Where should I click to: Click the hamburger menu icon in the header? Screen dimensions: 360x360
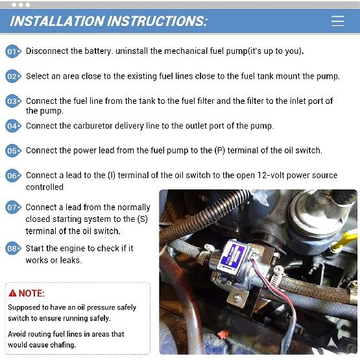point(337,21)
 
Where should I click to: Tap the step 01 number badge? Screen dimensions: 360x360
point(13,51)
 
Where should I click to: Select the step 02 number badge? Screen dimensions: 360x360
point(13,77)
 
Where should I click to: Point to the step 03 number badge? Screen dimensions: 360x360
point(13,102)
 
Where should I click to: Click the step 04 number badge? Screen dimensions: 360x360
point(13,126)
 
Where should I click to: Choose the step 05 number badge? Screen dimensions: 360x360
point(13,151)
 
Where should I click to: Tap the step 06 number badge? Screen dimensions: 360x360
point(13,176)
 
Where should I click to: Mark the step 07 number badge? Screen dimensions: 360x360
point(13,208)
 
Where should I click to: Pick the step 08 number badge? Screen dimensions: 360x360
point(13,248)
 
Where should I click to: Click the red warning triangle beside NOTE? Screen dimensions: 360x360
point(12,293)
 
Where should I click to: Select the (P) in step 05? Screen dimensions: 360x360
point(222,150)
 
